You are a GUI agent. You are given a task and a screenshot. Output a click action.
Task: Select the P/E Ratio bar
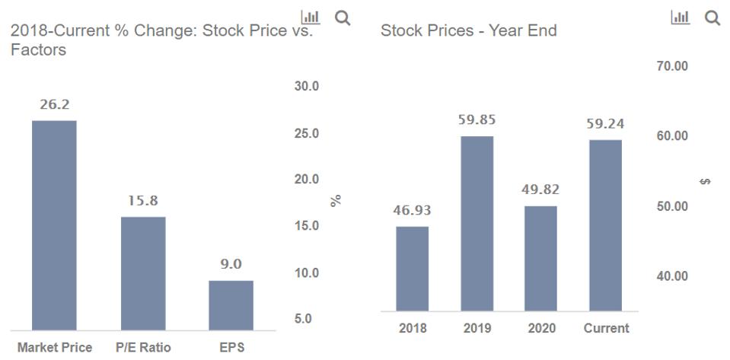(x=143, y=273)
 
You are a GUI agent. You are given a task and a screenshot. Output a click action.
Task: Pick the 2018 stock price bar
(x=412, y=269)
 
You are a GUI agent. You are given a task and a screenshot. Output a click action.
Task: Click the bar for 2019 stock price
(x=477, y=224)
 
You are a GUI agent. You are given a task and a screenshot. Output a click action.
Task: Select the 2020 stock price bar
(x=541, y=258)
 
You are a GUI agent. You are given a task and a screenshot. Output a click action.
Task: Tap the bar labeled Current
(x=606, y=225)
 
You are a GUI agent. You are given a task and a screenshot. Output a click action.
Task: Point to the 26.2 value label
(x=54, y=105)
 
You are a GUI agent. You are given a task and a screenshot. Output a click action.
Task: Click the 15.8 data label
(x=143, y=201)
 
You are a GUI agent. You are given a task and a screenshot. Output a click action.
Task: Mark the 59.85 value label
(x=477, y=119)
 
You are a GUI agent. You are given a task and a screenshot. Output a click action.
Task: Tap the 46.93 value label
(x=412, y=210)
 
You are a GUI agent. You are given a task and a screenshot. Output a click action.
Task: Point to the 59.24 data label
(x=606, y=123)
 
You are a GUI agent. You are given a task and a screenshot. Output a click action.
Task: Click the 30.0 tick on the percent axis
(x=307, y=87)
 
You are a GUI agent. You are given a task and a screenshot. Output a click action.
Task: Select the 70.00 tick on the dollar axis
(x=671, y=66)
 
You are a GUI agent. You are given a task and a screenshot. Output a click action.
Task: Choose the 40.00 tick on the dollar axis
(x=671, y=276)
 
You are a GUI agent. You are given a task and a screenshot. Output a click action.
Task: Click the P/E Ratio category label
(x=143, y=348)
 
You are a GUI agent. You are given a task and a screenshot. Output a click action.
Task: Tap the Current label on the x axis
(x=606, y=329)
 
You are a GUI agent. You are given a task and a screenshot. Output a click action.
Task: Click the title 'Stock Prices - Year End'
(x=468, y=31)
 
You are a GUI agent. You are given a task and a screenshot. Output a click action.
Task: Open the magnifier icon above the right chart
(x=712, y=18)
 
